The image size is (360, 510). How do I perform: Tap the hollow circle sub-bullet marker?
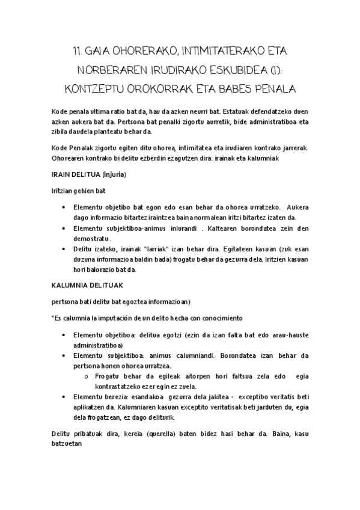pyautogui.click(x=88, y=376)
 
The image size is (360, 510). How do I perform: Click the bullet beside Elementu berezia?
pyautogui.click(x=64, y=398)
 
